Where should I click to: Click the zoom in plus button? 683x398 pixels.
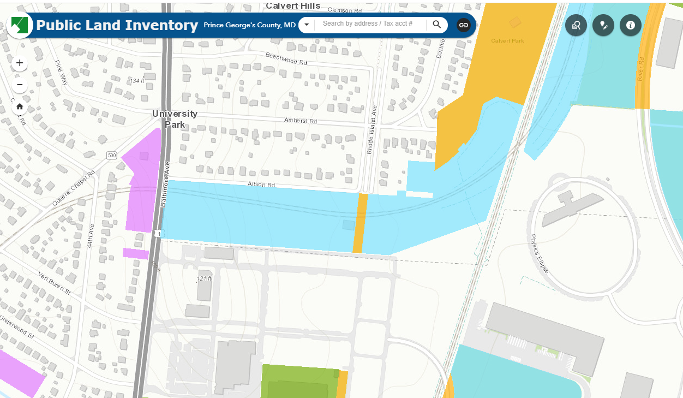(x=20, y=63)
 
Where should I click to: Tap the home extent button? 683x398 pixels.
(x=20, y=106)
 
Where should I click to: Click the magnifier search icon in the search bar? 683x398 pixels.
(x=437, y=25)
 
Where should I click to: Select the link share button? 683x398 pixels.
(x=463, y=25)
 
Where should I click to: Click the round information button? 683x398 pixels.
(x=631, y=25)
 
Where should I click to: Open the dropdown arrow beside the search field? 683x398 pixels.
(x=307, y=25)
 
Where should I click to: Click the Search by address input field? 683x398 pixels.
(x=368, y=24)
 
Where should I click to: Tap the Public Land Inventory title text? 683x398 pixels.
(x=117, y=25)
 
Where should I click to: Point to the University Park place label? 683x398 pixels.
(x=175, y=119)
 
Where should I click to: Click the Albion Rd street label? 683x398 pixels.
(x=261, y=185)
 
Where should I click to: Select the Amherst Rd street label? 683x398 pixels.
(x=301, y=120)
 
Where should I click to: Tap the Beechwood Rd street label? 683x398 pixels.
(x=286, y=58)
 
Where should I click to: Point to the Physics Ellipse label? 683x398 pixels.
(x=540, y=254)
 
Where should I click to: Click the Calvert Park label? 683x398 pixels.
(x=507, y=41)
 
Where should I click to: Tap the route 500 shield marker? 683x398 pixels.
(x=112, y=156)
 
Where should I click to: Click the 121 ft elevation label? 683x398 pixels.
(x=204, y=279)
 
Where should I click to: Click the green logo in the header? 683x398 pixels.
(x=20, y=25)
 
